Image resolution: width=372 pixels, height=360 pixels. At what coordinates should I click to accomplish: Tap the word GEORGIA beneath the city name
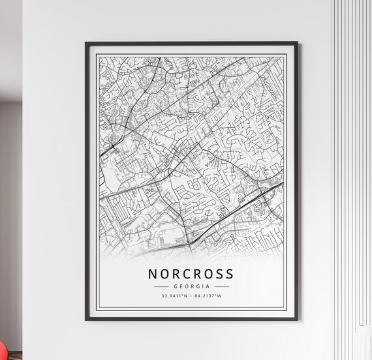(x=191, y=286)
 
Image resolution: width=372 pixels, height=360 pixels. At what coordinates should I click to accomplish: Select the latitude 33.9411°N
(x=174, y=297)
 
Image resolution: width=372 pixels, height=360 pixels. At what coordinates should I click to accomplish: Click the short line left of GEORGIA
(x=161, y=286)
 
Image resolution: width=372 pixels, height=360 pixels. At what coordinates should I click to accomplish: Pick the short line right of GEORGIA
(x=221, y=286)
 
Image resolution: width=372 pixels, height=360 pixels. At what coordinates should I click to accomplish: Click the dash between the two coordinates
(x=191, y=297)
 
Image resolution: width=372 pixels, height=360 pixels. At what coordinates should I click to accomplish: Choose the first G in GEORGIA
(x=176, y=286)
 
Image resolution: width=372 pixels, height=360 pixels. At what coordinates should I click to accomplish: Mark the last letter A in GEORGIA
(x=208, y=286)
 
